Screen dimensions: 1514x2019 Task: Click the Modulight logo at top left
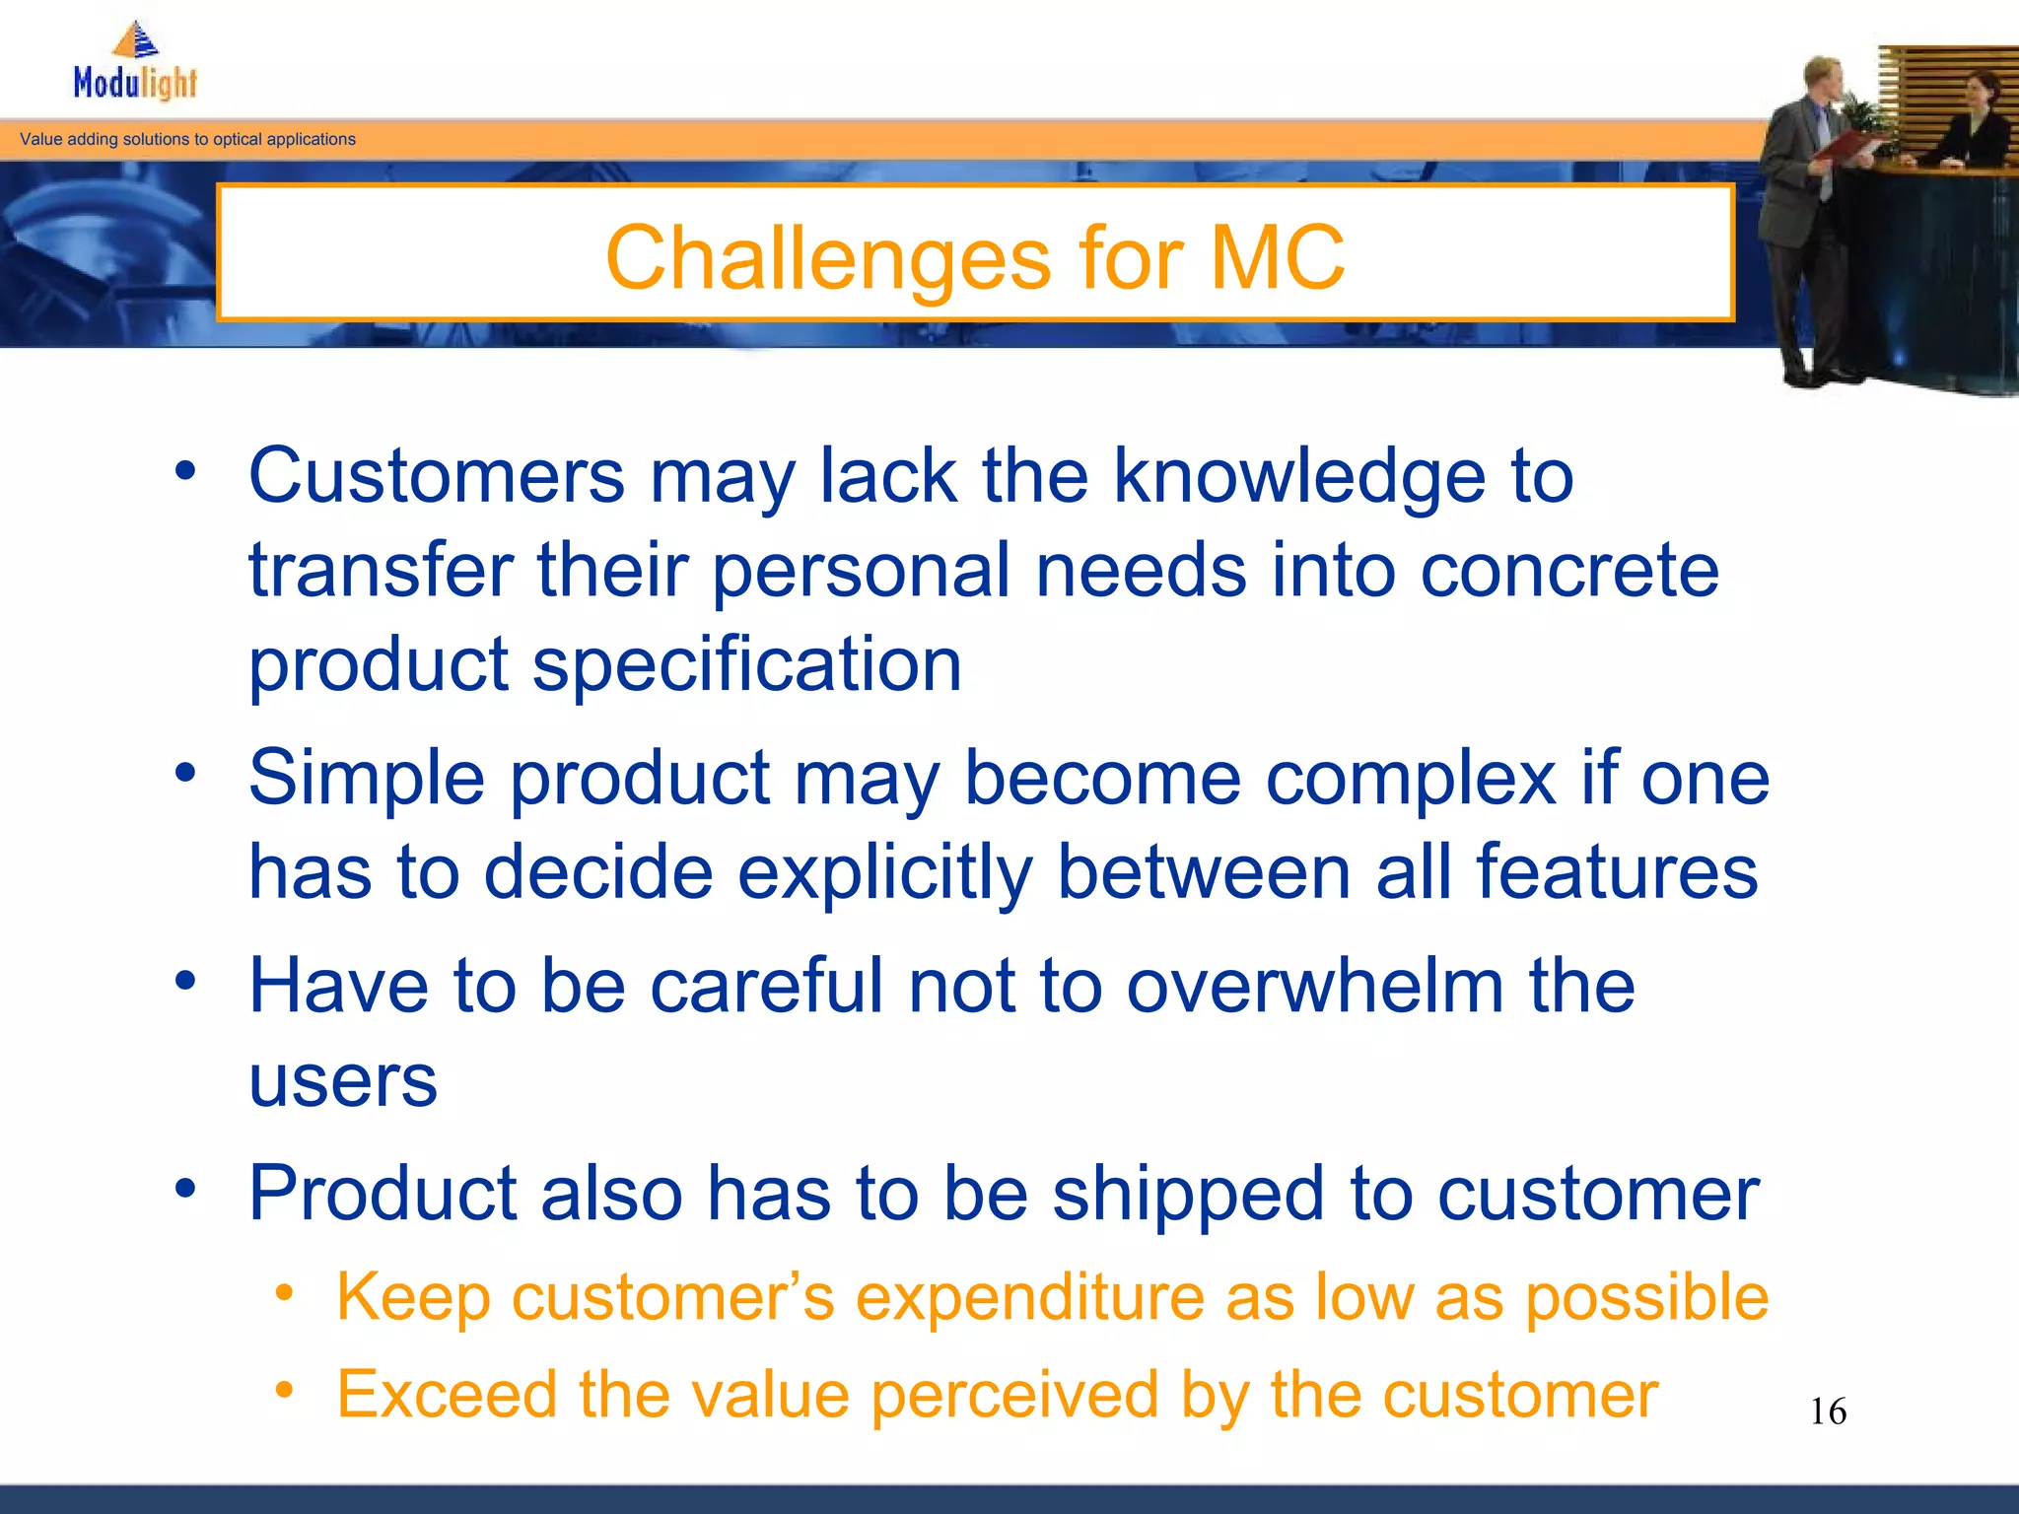[x=135, y=64]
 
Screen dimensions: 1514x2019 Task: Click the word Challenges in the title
[x=828, y=258]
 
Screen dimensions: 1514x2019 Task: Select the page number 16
[x=1828, y=1411]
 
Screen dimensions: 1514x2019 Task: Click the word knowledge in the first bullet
[x=1298, y=477]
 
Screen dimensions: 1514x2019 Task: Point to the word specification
[x=746, y=665]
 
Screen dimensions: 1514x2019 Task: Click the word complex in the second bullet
[x=1410, y=779]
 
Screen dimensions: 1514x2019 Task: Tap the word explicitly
[x=885, y=872]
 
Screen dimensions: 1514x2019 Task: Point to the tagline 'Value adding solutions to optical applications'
[x=187, y=139]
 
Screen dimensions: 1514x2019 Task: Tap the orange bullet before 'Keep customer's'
[x=284, y=1293]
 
